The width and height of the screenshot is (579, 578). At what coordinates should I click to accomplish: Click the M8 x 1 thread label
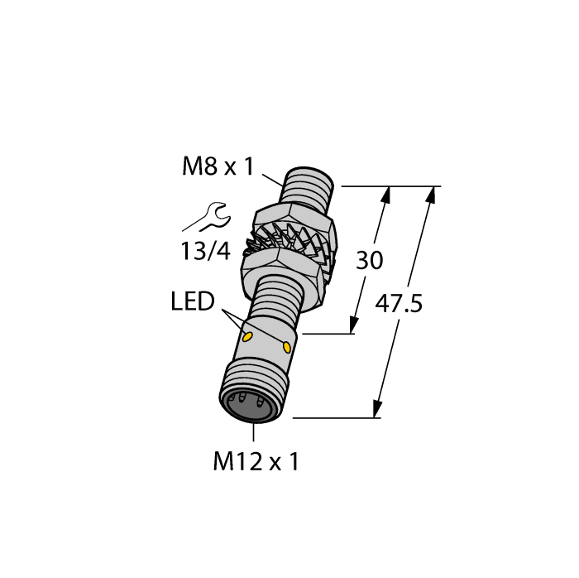pos(217,167)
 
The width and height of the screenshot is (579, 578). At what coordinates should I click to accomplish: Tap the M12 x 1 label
pos(256,462)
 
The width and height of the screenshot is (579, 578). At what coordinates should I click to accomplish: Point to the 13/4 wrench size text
pos(205,252)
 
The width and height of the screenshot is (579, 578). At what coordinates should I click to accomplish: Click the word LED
pos(193,302)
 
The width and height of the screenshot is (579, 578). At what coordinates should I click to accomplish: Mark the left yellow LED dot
pos(247,336)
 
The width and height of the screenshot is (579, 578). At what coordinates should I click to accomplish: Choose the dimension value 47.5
pos(399,304)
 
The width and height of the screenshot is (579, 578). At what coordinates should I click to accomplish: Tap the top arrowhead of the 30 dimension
pos(385,195)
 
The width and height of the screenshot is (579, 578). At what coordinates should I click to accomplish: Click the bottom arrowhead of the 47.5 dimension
pos(378,408)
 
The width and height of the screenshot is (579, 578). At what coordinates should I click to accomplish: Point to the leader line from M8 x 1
pos(272,177)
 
